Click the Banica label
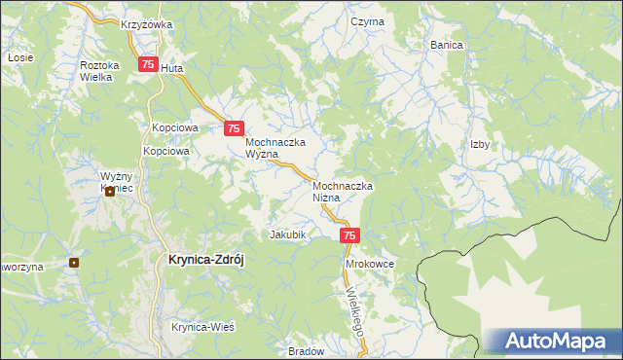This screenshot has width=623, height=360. [x=447, y=45]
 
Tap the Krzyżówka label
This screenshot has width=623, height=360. [x=147, y=24]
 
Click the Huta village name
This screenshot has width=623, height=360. [x=171, y=69]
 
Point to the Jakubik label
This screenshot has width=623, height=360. [x=288, y=234]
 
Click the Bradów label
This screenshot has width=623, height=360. [x=305, y=351]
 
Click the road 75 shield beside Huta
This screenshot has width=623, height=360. [x=147, y=64]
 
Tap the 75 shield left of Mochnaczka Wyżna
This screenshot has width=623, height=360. [x=233, y=127]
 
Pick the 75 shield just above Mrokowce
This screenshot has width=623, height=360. [x=350, y=235]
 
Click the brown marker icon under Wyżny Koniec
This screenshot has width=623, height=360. [x=110, y=192]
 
